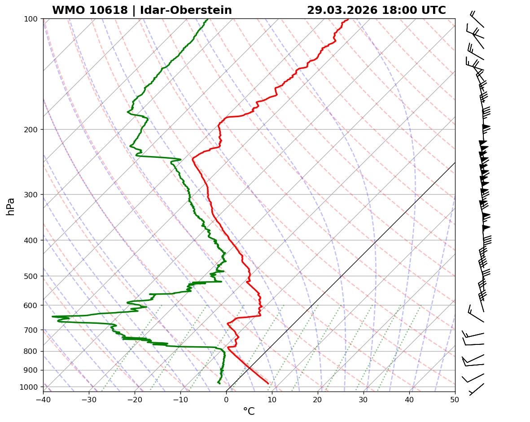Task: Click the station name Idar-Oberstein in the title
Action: coord(186,10)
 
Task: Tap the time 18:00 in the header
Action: coord(398,10)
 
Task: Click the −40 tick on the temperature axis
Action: coord(43,399)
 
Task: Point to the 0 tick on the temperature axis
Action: coord(226,399)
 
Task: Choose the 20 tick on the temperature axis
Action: coord(318,399)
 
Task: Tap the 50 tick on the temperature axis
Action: coord(455,399)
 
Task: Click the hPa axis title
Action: coord(11,206)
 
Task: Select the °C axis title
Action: coord(249,412)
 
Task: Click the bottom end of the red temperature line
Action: coord(268,383)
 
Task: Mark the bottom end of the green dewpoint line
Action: coord(219,383)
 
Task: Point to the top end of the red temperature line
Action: coord(348,19)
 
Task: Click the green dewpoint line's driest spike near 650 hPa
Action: coord(53,317)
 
